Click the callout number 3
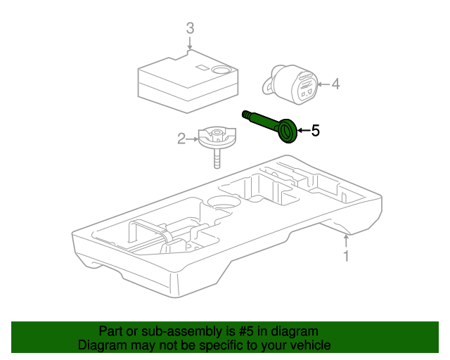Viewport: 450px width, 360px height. pyautogui.click(x=189, y=29)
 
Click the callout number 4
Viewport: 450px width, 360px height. pyautogui.click(x=335, y=84)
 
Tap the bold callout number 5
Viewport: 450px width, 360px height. pyautogui.click(x=316, y=130)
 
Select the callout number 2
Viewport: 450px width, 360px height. pyautogui.click(x=181, y=139)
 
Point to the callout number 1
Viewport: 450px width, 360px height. pyautogui.click(x=345, y=256)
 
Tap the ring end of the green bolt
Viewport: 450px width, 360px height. pyautogui.click(x=287, y=131)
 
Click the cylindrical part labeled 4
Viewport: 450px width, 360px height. pyautogui.click(x=293, y=84)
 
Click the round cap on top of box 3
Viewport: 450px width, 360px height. pyautogui.click(x=223, y=70)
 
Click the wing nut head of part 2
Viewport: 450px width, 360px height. pyautogui.click(x=215, y=136)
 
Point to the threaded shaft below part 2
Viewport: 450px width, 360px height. pyautogui.click(x=217, y=159)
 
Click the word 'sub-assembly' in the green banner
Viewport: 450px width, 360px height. pyautogui.click(x=164, y=330)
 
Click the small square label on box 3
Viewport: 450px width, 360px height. pyautogui.click(x=201, y=68)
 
